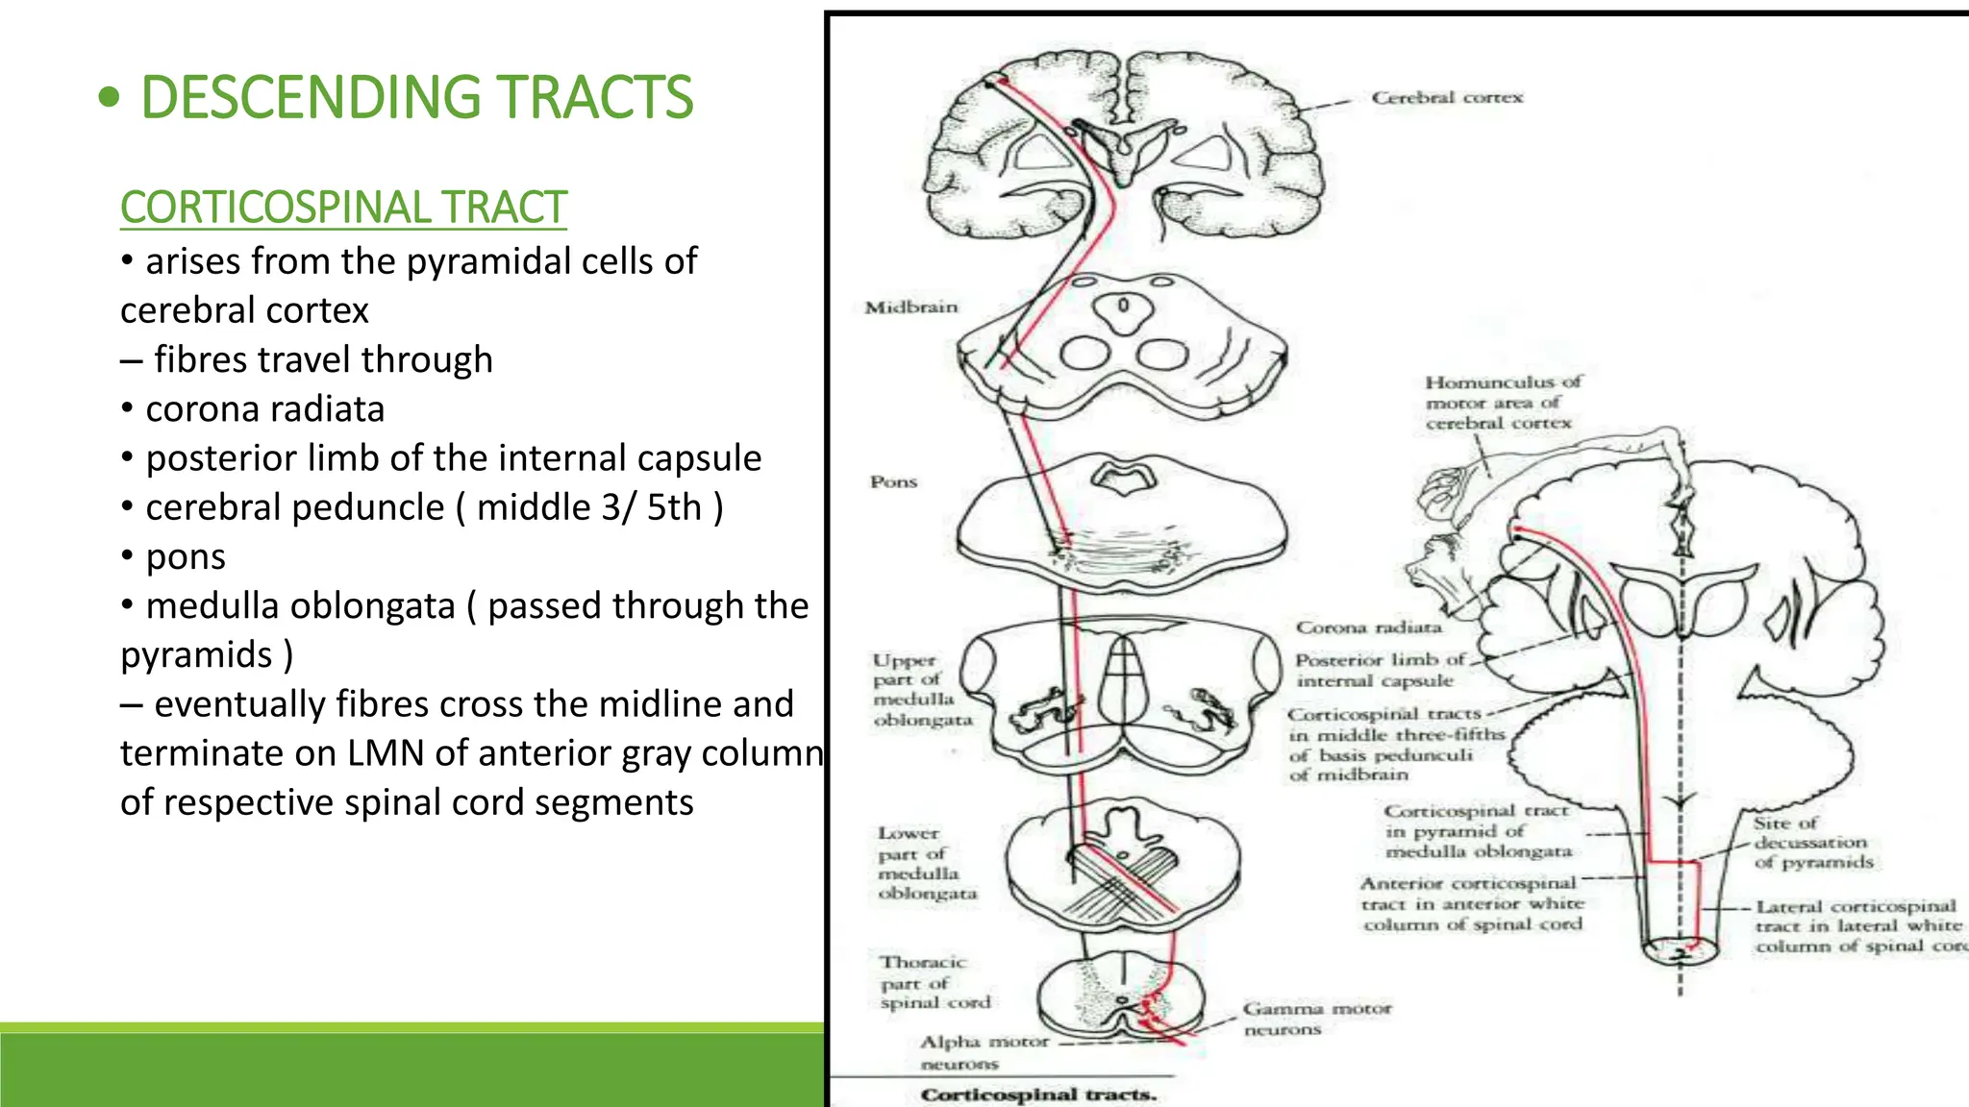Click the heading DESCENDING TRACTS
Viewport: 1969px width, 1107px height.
click(x=415, y=97)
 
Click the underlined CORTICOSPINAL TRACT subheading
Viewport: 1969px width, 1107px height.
click(x=343, y=208)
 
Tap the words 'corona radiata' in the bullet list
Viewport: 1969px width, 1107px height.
click(x=264, y=409)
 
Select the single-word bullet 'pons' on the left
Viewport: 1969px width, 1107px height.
click(x=186, y=556)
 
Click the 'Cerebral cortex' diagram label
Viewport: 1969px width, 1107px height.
click(x=1446, y=97)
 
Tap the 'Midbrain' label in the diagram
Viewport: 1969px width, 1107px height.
click(x=910, y=307)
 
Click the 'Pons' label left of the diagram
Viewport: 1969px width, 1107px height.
click(x=893, y=481)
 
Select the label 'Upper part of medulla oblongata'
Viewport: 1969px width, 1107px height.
click(x=921, y=690)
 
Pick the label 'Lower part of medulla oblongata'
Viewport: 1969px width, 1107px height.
click(x=926, y=863)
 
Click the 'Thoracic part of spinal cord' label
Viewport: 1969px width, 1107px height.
click(x=934, y=982)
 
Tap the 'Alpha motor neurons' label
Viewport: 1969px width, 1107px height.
click(x=983, y=1052)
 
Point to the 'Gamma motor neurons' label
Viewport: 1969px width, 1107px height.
click(x=1315, y=1019)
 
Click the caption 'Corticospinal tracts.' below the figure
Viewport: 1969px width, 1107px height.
click(x=1038, y=1095)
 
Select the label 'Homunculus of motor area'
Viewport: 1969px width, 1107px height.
click(x=1502, y=402)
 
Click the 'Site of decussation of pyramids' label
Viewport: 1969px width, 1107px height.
click(x=1812, y=842)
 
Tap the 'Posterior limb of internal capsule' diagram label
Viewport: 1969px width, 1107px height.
click(x=1378, y=670)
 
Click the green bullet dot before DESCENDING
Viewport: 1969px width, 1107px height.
click(x=110, y=97)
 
